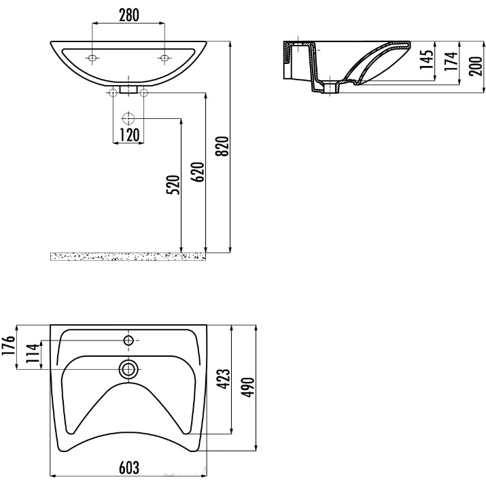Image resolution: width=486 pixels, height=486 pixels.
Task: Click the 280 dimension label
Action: point(129,16)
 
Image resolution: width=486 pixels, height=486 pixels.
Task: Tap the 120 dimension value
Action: point(129,135)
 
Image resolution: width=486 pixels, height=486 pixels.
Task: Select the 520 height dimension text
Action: point(173,185)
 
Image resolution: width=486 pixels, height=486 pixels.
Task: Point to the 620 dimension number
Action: point(198,172)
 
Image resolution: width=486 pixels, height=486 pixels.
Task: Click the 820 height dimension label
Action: point(222,146)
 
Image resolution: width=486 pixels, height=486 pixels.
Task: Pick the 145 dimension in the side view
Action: point(426,59)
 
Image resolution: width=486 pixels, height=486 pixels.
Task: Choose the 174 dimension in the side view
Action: point(451,61)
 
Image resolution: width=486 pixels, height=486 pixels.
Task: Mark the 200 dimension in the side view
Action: point(476,66)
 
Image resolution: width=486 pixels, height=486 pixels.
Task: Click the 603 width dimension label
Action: point(129,468)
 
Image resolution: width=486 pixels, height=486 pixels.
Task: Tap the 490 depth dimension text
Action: point(248,387)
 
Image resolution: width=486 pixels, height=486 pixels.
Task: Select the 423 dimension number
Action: point(223,379)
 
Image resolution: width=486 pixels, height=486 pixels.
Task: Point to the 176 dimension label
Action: point(8,346)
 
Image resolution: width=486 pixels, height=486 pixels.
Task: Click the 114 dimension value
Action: point(33,353)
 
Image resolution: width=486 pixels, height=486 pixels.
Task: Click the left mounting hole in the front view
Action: point(92,58)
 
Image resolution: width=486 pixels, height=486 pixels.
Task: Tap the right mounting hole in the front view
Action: point(164,58)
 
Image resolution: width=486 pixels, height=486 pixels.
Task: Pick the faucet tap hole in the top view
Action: point(128,341)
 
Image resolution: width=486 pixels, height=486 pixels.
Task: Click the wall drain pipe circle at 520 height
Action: point(128,118)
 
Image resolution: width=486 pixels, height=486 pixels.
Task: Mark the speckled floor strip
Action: point(128,257)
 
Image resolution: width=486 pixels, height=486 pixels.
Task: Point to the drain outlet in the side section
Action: point(332,88)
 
